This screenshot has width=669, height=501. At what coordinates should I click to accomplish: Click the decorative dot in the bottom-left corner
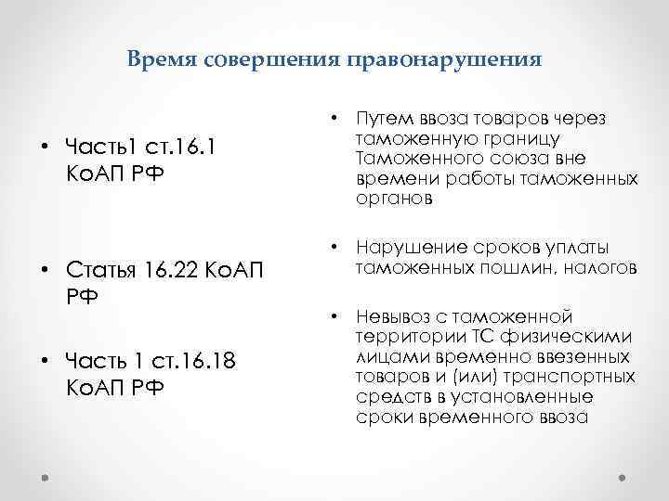tap(46, 473)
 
